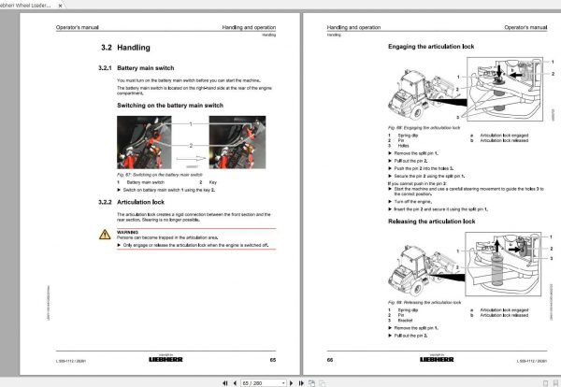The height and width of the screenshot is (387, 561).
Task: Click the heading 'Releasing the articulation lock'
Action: click(437, 221)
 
